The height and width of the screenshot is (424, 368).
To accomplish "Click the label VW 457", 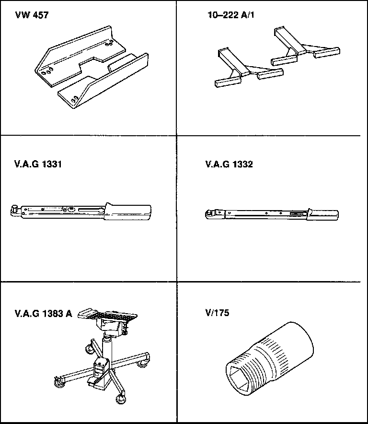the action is point(32,15).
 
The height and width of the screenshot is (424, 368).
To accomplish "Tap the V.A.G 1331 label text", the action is point(38,165).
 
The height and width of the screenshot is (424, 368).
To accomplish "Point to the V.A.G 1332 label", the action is point(229,165).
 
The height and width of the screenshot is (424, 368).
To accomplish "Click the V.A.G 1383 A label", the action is point(43,314).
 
